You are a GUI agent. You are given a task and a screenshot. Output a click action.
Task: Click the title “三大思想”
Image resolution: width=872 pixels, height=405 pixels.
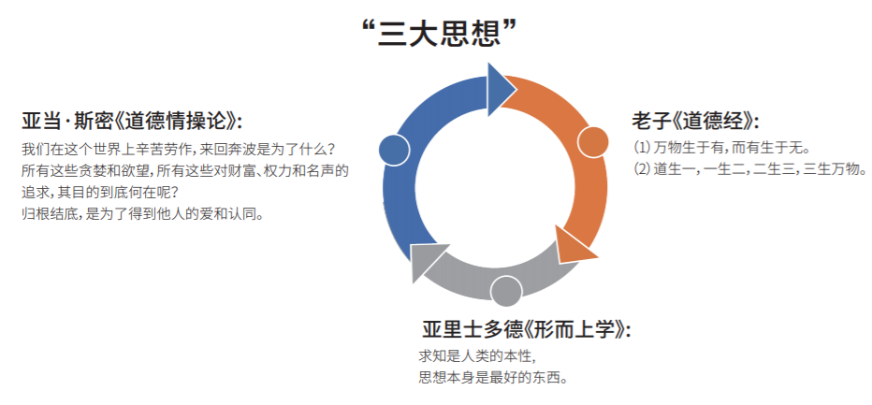(x=440, y=33)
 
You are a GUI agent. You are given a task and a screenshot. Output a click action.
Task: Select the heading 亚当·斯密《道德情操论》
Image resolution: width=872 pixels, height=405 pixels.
(x=132, y=122)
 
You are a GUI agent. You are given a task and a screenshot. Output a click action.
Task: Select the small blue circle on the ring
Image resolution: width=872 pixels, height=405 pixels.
(x=395, y=149)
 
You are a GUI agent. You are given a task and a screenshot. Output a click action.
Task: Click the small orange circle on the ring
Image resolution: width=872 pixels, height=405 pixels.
(x=593, y=142)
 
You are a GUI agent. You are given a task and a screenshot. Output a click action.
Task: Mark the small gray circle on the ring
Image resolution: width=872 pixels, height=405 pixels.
(x=506, y=291)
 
